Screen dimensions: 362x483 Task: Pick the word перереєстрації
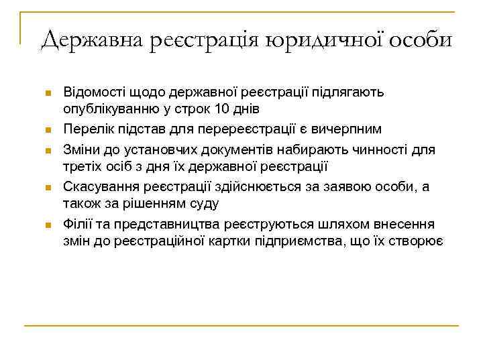pos(210,128)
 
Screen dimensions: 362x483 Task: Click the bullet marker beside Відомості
pos(45,93)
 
